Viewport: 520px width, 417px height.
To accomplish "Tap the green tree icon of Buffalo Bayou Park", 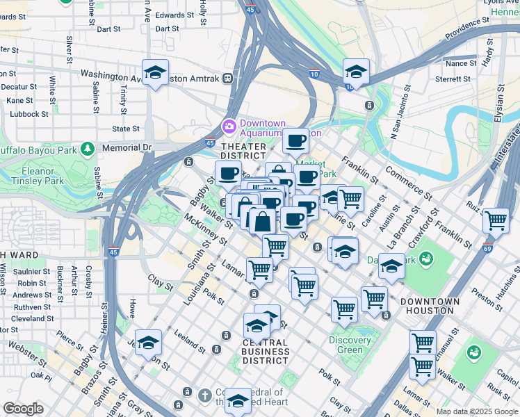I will pyautogui.click(x=87, y=148).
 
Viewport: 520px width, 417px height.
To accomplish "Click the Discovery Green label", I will pyautogui.click(x=350, y=345).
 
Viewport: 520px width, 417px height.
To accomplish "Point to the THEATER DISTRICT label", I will pyautogui.click(x=243, y=152).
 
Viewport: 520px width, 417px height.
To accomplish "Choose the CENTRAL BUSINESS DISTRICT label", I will pyautogui.click(x=265, y=352).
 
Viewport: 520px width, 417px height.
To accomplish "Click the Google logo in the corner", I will pyautogui.click(x=23, y=409).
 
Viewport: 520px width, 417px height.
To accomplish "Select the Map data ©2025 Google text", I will pyautogui.click(x=477, y=411).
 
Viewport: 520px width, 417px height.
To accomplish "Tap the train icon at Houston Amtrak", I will pyautogui.click(x=227, y=79).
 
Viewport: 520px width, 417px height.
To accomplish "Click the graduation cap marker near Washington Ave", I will pyautogui.click(x=155, y=72).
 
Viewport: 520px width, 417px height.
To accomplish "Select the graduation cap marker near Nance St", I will pyautogui.click(x=355, y=72).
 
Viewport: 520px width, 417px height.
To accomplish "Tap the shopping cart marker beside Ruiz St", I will pyautogui.click(x=495, y=221).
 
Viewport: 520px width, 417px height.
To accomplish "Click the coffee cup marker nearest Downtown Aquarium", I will pyautogui.click(x=295, y=140).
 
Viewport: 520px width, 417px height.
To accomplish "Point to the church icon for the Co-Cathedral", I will pyautogui.click(x=204, y=395).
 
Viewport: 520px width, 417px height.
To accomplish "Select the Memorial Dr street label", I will pyautogui.click(x=127, y=147).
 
